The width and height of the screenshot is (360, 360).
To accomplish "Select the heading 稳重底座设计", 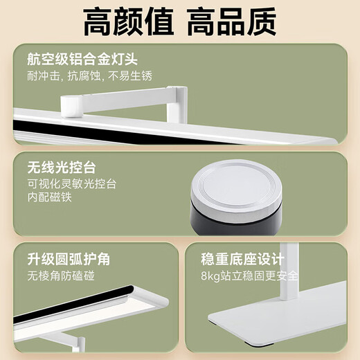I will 242,260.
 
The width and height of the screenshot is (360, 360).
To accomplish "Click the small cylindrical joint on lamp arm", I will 69,105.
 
